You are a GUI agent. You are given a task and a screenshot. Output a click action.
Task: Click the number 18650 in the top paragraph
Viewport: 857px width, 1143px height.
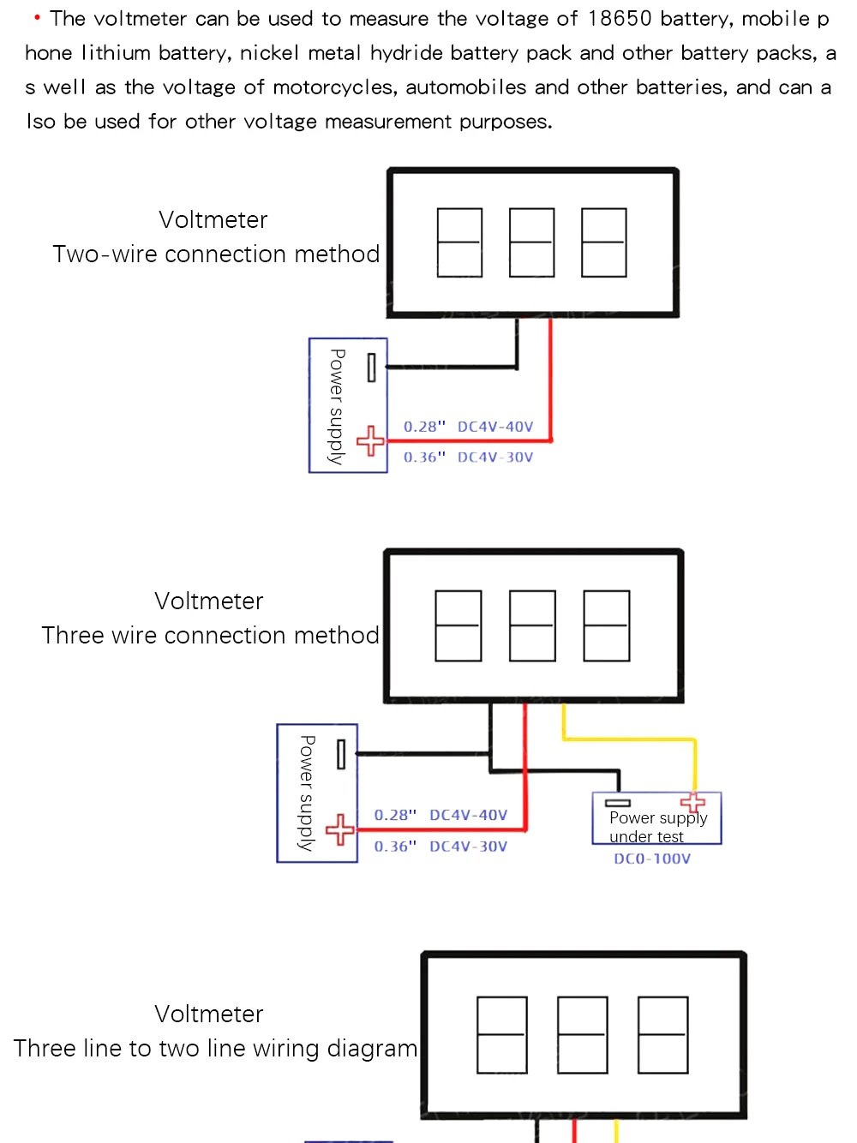tap(620, 19)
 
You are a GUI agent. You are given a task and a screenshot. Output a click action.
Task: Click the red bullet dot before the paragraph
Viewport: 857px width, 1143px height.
tap(37, 17)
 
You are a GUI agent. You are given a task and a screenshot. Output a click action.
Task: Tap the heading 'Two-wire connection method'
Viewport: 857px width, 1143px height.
tap(216, 254)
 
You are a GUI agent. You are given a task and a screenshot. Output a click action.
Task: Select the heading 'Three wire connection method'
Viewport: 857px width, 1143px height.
tap(211, 636)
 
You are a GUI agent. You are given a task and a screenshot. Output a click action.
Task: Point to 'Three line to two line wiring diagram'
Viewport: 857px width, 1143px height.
tap(216, 1049)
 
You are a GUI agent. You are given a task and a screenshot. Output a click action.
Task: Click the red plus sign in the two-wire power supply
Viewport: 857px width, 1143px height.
tap(370, 441)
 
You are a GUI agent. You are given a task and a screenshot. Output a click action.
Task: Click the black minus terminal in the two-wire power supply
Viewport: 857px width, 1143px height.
tap(371, 368)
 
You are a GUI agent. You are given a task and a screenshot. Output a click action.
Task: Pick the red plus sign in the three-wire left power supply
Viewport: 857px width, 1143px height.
tap(340, 829)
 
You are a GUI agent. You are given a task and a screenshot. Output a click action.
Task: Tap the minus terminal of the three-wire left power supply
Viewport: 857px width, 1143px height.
tap(341, 754)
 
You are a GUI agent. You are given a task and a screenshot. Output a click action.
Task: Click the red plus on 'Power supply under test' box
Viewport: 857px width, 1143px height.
tap(692, 802)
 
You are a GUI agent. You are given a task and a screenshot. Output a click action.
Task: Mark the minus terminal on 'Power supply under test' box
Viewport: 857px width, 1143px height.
tap(618, 803)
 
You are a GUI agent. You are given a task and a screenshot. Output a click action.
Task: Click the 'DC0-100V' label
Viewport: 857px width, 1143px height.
tap(652, 859)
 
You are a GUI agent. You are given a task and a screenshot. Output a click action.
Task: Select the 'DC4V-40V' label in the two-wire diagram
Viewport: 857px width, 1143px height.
tap(495, 427)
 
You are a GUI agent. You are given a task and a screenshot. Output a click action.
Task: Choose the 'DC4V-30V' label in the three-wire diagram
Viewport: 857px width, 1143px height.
tap(468, 847)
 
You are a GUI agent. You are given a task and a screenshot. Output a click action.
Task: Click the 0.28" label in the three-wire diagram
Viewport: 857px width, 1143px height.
tap(395, 815)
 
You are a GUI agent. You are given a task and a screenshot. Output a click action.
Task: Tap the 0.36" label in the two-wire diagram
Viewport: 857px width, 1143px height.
tap(424, 458)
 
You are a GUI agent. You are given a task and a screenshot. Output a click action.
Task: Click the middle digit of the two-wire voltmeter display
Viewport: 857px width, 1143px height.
tap(532, 242)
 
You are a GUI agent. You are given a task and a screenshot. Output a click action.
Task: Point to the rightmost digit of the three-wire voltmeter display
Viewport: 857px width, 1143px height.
tap(607, 625)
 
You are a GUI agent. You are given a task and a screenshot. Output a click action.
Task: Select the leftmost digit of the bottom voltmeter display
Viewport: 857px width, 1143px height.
tap(502, 1035)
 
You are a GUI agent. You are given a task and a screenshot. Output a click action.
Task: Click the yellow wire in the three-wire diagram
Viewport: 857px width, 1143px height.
tap(630, 739)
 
